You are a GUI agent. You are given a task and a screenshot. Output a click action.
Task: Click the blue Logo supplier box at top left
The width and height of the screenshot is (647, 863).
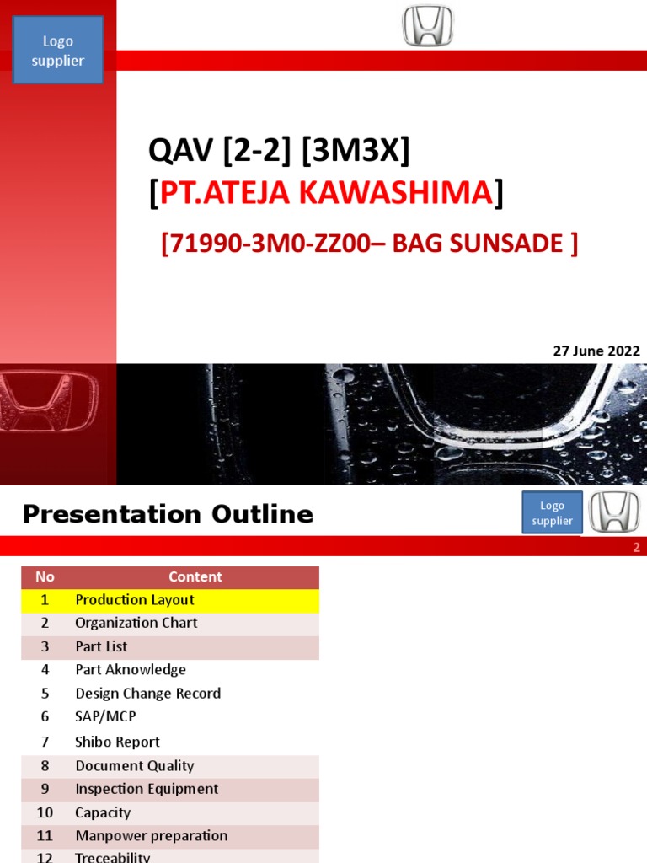(58, 50)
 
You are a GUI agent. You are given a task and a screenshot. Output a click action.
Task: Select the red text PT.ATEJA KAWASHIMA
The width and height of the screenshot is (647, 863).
(326, 193)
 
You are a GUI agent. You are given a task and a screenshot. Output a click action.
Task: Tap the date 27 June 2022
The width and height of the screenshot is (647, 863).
(596, 351)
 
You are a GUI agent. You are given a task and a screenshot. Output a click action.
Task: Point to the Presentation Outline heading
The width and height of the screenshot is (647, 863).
(168, 514)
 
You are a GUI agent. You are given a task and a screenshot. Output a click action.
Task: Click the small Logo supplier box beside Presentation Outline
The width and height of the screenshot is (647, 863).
(552, 513)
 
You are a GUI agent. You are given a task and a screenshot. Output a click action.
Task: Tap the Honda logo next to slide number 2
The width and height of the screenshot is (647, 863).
(613, 512)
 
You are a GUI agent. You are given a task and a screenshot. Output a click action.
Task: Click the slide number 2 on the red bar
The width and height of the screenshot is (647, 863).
(637, 548)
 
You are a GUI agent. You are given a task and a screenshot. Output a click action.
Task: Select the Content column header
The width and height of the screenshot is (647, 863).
(195, 577)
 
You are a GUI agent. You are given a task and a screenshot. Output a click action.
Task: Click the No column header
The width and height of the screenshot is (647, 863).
(45, 577)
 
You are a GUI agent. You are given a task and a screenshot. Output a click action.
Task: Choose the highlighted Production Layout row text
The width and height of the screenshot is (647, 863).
(135, 600)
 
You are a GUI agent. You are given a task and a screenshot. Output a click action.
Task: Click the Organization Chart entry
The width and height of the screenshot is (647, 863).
(136, 623)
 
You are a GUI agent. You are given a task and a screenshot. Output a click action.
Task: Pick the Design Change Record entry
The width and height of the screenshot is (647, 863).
(148, 694)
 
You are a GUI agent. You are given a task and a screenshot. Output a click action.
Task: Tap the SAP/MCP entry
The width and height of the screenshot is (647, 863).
(105, 716)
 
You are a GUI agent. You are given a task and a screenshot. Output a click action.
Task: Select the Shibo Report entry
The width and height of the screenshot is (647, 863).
(117, 742)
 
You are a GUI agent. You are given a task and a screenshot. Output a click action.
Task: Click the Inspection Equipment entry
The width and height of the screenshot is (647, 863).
(147, 789)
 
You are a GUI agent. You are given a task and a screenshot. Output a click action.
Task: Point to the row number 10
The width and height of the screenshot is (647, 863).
(45, 812)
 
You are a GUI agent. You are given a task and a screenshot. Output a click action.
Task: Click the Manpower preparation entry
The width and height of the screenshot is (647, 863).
(152, 836)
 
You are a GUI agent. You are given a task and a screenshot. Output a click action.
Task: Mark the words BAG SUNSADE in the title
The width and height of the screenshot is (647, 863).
(491, 244)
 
